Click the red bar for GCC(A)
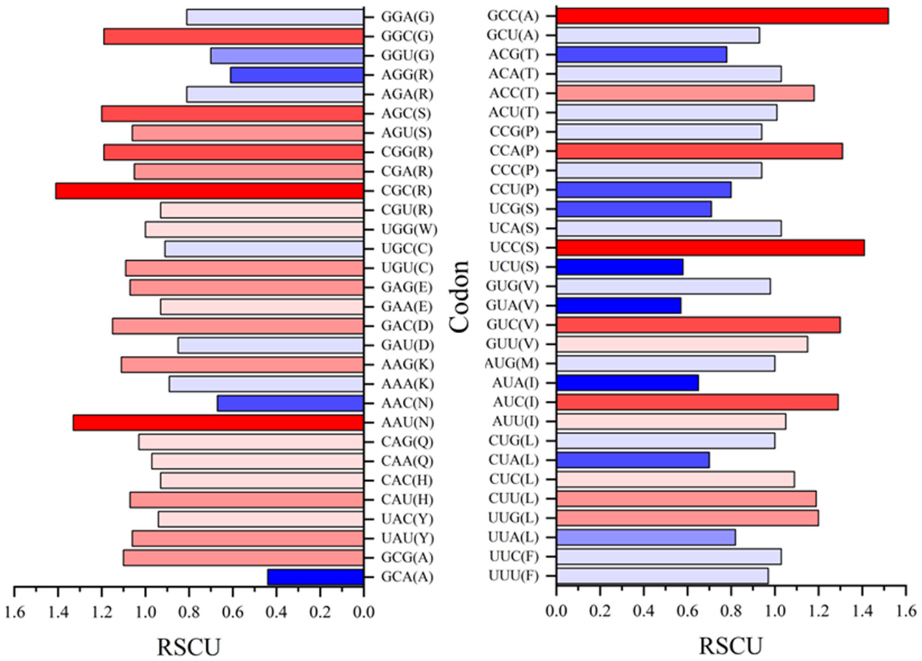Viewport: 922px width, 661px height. (722, 16)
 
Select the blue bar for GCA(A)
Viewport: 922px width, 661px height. (316, 577)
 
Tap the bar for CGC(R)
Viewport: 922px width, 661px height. (210, 191)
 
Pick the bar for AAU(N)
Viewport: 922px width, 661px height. (218, 423)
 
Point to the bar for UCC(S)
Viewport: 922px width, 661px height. (710, 248)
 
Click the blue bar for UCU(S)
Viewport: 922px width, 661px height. (619, 267)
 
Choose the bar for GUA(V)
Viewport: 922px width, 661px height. (618, 305)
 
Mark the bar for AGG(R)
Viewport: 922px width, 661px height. (297, 75)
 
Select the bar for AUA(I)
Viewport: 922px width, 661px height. (627, 383)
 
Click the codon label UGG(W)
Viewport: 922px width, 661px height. (409, 230)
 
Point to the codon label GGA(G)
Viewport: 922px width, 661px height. (407, 17)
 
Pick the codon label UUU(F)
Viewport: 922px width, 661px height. (513, 576)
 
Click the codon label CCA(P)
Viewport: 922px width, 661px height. (514, 151)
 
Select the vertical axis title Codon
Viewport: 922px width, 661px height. (460, 296)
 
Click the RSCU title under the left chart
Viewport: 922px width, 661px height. (189, 647)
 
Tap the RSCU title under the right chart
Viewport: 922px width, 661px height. (730, 646)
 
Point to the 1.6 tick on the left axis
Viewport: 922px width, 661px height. (15, 612)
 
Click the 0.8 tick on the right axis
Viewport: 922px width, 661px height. (731, 610)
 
